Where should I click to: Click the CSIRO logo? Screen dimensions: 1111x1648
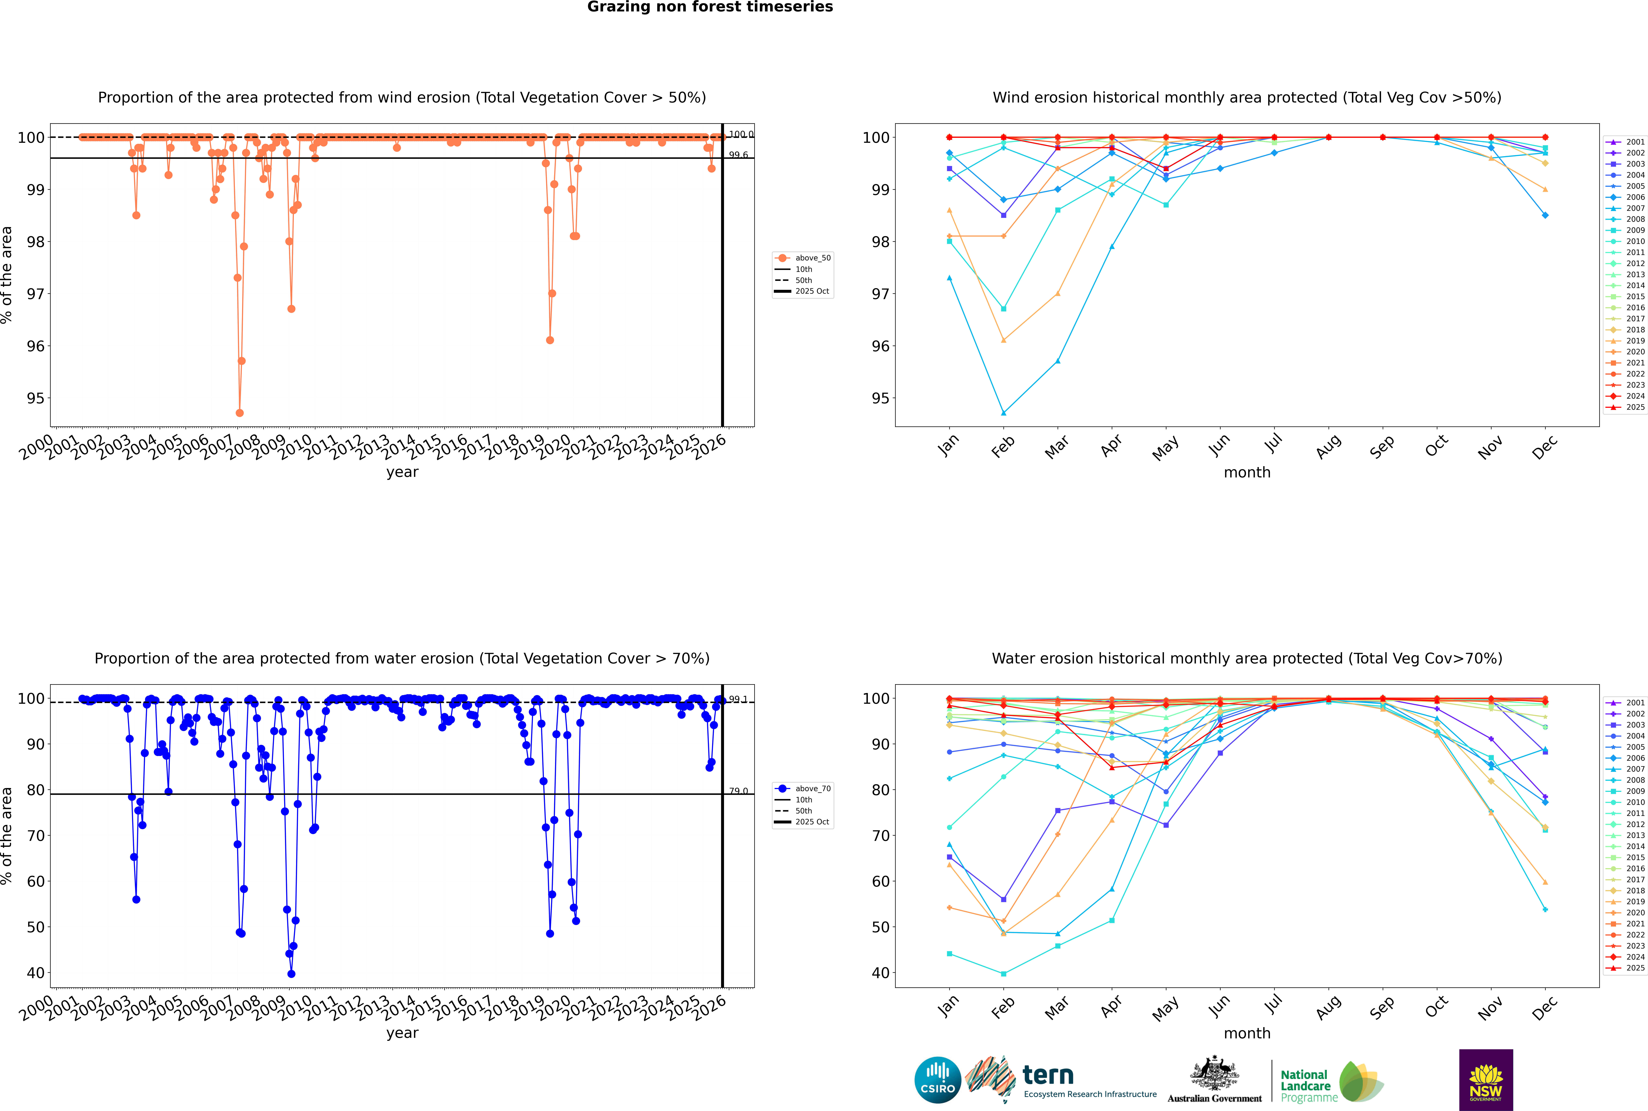pos(937,1080)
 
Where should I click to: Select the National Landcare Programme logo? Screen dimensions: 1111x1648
pos(1331,1082)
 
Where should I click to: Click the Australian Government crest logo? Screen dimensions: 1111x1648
pos(1214,1080)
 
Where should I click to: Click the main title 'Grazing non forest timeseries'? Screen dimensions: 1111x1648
pos(710,7)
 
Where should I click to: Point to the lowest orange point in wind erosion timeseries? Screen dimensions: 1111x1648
pos(239,413)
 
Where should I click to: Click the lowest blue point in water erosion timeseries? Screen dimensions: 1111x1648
pos(291,974)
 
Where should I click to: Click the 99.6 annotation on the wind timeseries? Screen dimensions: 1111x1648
pos(738,155)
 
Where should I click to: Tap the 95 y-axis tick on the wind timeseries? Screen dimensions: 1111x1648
pos(35,398)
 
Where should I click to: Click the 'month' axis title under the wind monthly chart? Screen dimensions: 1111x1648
pos(1247,473)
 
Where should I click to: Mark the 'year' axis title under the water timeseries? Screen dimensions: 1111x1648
pos(402,1033)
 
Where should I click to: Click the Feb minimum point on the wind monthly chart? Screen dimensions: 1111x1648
pos(1003,413)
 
